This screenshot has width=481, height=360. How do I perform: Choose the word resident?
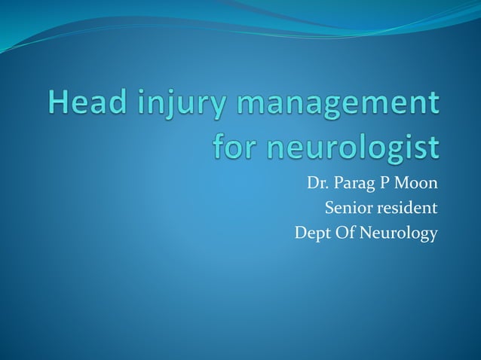click(406, 208)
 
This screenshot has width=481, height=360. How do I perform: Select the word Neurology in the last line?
click(400, 234)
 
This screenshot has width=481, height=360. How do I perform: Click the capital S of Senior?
click(329, 208)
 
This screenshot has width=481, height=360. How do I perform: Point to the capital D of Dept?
click(301, 233)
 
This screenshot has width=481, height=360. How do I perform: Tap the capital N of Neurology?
click(369, 233)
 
